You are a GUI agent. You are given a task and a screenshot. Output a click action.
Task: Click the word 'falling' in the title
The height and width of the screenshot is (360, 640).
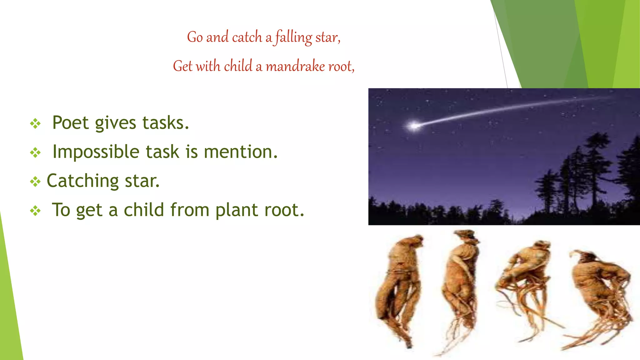click(294, 37)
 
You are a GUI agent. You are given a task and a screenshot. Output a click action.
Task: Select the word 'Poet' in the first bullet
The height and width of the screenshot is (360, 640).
click(70, 122)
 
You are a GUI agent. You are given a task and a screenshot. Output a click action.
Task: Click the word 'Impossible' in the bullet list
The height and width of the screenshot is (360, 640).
click(96, 152)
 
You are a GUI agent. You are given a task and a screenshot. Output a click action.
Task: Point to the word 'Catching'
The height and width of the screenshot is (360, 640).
click(82, 181)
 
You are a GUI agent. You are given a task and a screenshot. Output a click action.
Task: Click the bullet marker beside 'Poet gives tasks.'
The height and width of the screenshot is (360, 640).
click(35, 124)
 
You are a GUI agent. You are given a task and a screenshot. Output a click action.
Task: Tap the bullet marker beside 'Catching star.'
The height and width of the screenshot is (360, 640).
click(35, 182)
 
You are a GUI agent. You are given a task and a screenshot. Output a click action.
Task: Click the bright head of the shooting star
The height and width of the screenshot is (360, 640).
click(414, 126)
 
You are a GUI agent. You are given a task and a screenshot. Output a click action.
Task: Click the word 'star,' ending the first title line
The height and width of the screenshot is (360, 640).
click(327, 37)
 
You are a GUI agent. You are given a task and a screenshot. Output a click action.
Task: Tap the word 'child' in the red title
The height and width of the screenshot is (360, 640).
click(238, 66)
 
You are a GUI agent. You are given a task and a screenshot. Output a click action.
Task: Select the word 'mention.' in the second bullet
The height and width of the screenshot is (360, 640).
click(241, 152)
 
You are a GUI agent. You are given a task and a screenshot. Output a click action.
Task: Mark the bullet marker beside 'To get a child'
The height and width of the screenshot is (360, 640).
click(35, 211)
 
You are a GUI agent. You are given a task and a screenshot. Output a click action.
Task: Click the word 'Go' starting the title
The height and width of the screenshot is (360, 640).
click(195, 37)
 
